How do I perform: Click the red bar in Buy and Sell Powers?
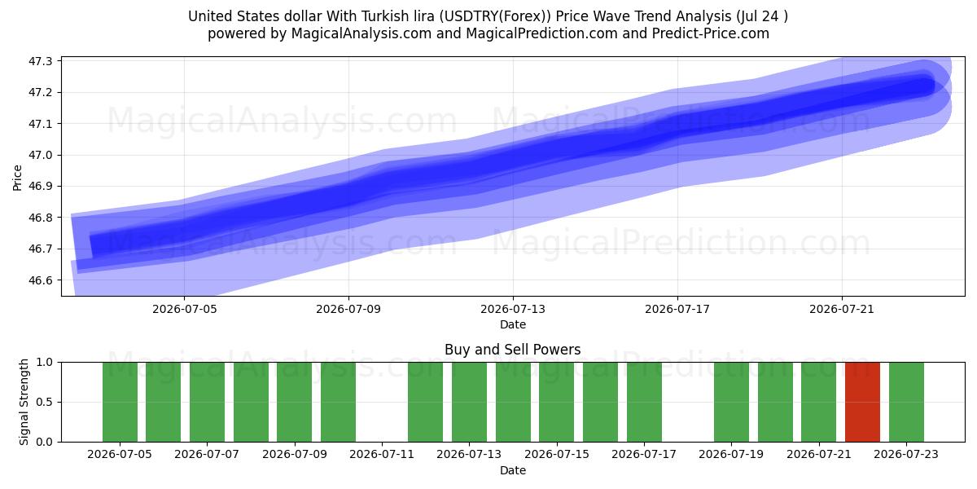click(862, 402)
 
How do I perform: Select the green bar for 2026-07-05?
click(120, 402)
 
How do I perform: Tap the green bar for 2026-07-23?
click(906, 402)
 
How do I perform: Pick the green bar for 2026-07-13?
click(469, 402)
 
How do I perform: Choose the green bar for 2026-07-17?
click(644, 402)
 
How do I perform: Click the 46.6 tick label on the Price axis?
click(40, 280)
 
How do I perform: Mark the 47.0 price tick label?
click(40, 155)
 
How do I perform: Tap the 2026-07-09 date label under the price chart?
click(348, 309)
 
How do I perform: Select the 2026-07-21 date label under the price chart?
click(842, 309)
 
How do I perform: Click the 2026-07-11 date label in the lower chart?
click(382, 454)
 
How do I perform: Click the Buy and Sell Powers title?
click(512, 350)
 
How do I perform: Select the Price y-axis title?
click(17, 178)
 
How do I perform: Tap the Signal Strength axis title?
click(24, 402)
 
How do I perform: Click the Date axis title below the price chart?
click(512, 324)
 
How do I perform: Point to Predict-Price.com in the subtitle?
click(711, 33)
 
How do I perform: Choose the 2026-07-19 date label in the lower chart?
click(731, 454)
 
